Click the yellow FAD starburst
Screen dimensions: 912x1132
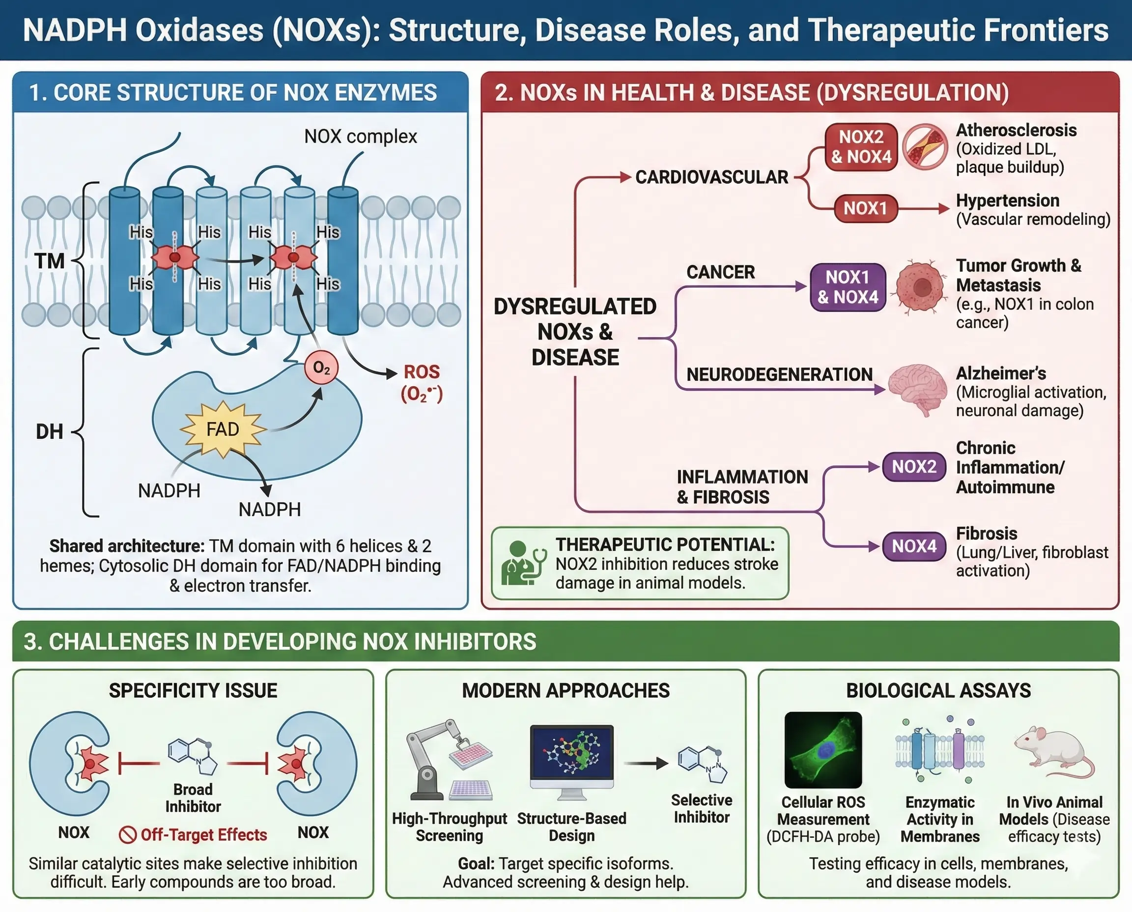223,429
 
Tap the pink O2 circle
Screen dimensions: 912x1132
321,367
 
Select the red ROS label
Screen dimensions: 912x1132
421,372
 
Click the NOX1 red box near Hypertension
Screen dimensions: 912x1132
865,208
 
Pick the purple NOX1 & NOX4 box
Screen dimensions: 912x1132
848,287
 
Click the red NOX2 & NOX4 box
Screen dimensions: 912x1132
861,146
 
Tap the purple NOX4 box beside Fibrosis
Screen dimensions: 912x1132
913,546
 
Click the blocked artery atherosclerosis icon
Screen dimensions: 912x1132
925,146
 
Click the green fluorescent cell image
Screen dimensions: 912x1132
822,750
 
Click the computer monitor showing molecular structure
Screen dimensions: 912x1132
571,757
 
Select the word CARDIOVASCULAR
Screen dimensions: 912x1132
711,177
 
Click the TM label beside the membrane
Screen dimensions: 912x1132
49,261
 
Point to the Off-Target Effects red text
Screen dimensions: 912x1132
203,835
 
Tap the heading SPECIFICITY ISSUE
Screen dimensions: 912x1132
193,690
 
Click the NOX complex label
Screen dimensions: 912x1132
360,137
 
